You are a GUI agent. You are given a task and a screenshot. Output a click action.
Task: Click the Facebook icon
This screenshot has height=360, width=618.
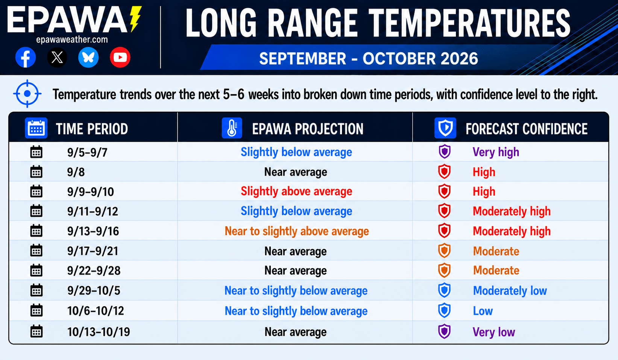pyautogui.click(x=26, y=58)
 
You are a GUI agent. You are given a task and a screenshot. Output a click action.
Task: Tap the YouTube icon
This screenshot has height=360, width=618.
pyautogui.click(x=120, y=58)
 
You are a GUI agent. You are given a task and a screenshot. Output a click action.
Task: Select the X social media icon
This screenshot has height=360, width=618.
pyautogui.click(x=57, y=58)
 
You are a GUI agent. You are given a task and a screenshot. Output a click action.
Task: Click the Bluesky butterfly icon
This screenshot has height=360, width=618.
pyautogui.click(x=88, y=58)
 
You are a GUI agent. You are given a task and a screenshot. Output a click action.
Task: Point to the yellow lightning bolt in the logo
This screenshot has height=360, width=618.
pyautogui.click(x=135, y=19)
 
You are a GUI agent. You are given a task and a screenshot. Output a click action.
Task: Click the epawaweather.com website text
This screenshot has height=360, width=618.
pyautogui.click(x=72, y=39)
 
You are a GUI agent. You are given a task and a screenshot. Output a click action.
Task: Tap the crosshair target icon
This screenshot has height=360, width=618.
pyautogui.click(x=27, y=94)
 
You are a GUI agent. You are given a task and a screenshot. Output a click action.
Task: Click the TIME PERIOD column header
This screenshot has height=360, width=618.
pyautogui.click(x=92, y=129)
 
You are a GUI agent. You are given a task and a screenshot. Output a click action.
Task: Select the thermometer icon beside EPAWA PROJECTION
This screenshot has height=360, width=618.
pyautogui.click(x=232, y=128)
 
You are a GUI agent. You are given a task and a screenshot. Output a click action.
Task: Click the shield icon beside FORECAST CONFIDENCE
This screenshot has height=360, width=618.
pyautogui.click(x=445, y=128)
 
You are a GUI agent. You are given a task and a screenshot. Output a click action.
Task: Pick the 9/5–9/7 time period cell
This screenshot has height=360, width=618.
pyautogui.click(x=87, y=152)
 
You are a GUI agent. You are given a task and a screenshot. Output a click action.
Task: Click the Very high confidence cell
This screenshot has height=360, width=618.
pyautogui.click(x=496, y=152)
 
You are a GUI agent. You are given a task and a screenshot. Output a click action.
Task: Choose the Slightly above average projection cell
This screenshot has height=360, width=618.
pyautogui.click(x=296, y=191)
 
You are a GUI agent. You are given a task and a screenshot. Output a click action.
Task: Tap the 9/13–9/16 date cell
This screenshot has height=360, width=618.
pyautogui.click(x=93, y=231)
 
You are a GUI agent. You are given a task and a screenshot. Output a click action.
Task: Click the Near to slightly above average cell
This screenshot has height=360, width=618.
pyautogui.click(x=296, y=231)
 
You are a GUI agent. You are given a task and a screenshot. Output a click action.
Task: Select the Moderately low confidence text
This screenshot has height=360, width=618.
pyautogui.click(x=510, y=291)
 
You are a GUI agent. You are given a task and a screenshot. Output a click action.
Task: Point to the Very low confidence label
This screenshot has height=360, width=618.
pyautogui.click(x=494, y=332)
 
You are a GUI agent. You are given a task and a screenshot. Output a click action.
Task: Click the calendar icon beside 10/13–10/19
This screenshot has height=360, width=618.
pyautogui.click(x=36, y=331)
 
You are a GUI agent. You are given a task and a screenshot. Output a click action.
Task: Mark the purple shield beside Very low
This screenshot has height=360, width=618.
pyautogui.click(x=445, y=331)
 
